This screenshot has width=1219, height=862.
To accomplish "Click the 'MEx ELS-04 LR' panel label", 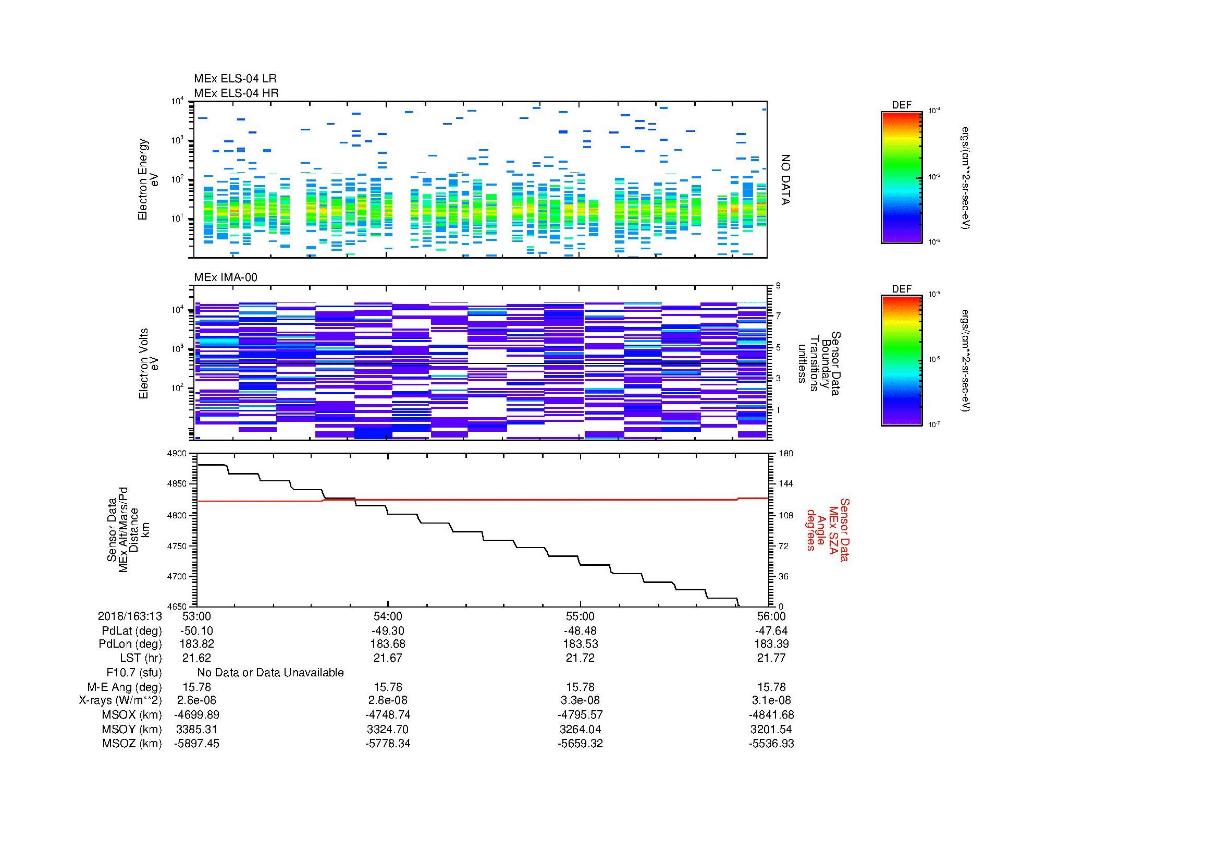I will pyautogui.click(x=235, y=79).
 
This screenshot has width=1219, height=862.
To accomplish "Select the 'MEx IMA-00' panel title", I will pyautogui.click(x=226, y=277).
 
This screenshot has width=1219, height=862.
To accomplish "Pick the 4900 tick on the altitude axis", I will pyautogui.click(x=178, y=454).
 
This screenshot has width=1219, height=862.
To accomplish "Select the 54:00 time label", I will pyautogui.click(x=388, y=616).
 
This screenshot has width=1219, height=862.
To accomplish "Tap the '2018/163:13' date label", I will pyautogui.click(x=130, y=616).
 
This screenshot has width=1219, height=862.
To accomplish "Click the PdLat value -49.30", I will pyautogui.click(x=388, y=631).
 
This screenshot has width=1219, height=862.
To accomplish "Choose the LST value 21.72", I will pyautogui.click(x=580, y=658).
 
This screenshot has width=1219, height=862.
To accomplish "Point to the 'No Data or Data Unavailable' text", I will pyautogui.click(x=270, y=673).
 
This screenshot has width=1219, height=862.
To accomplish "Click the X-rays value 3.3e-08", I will pyautogui.click(x=580, y=700).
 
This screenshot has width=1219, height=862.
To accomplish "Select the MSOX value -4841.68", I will pyautogui.click(x=771, y=715).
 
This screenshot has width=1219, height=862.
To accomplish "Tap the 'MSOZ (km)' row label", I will pyautogui.click(x=132, y=744).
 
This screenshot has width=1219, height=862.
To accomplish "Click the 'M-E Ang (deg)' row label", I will pyautogui.click(x=124, y=687).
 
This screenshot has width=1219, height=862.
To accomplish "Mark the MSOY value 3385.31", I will pyautogui.click(x=196, y=729).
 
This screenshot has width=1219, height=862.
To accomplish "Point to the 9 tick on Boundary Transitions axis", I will pyautogui.click(x=778, y=286).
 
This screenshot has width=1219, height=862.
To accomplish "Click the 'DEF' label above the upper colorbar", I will pyautogui.click(x=902, y=105).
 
